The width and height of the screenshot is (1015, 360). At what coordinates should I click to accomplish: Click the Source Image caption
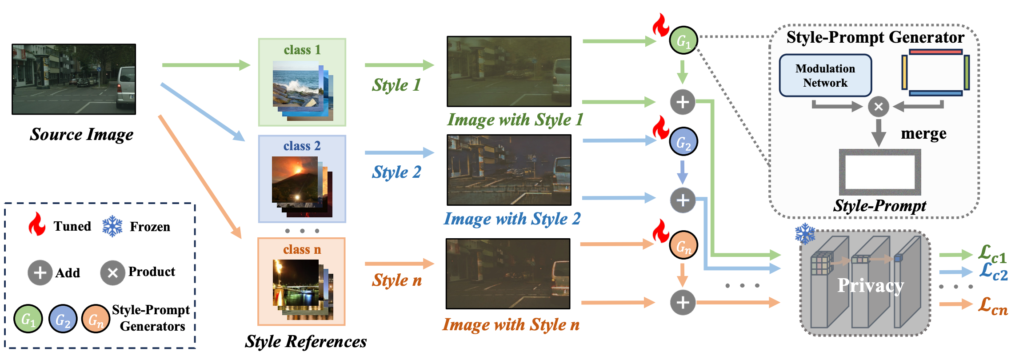(81, 134)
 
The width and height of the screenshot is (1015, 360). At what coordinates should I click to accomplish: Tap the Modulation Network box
(825, 76)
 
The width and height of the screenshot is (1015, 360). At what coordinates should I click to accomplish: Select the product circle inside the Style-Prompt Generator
(878, 107)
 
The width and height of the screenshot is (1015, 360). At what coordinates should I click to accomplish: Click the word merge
(923, 134)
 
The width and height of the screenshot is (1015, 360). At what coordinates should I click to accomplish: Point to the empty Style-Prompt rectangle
(879, 172)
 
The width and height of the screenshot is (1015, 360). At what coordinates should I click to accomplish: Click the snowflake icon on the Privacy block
(805, 234)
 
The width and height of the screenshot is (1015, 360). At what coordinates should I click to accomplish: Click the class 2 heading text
(302, 146)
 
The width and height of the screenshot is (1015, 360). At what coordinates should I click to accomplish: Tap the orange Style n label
(397, 280)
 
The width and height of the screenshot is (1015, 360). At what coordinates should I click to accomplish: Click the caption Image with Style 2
(512, 219)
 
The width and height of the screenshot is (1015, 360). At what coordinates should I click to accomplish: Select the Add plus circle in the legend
(40, 272)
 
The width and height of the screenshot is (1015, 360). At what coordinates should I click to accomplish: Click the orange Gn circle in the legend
(96, 319)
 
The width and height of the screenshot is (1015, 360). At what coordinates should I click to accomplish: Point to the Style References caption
(306, 341)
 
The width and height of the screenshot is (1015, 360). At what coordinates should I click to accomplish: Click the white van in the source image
(126, 88)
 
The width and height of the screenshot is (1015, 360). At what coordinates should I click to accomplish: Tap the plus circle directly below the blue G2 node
(683, 200)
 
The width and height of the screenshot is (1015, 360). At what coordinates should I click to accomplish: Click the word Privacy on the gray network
(870, 285)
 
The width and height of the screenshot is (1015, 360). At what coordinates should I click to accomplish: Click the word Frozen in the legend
(150, 227)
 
